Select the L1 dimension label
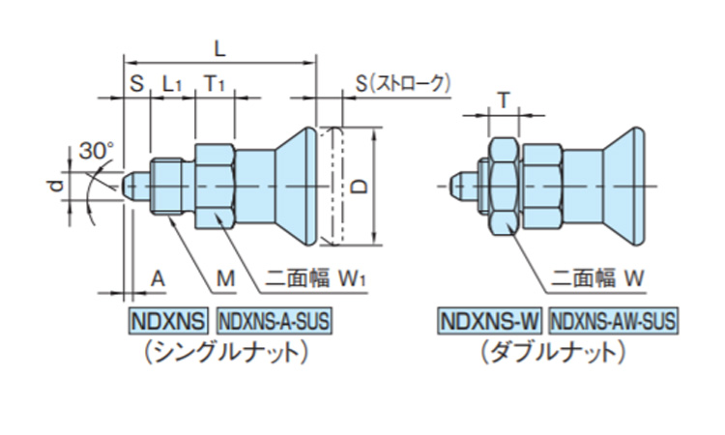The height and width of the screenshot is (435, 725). point(173,85)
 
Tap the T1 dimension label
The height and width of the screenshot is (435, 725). point(215,85)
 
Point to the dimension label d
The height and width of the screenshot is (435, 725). point(56,183)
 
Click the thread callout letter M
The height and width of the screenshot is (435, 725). point(225,279)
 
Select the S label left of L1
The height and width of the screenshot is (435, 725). point(136,85)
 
